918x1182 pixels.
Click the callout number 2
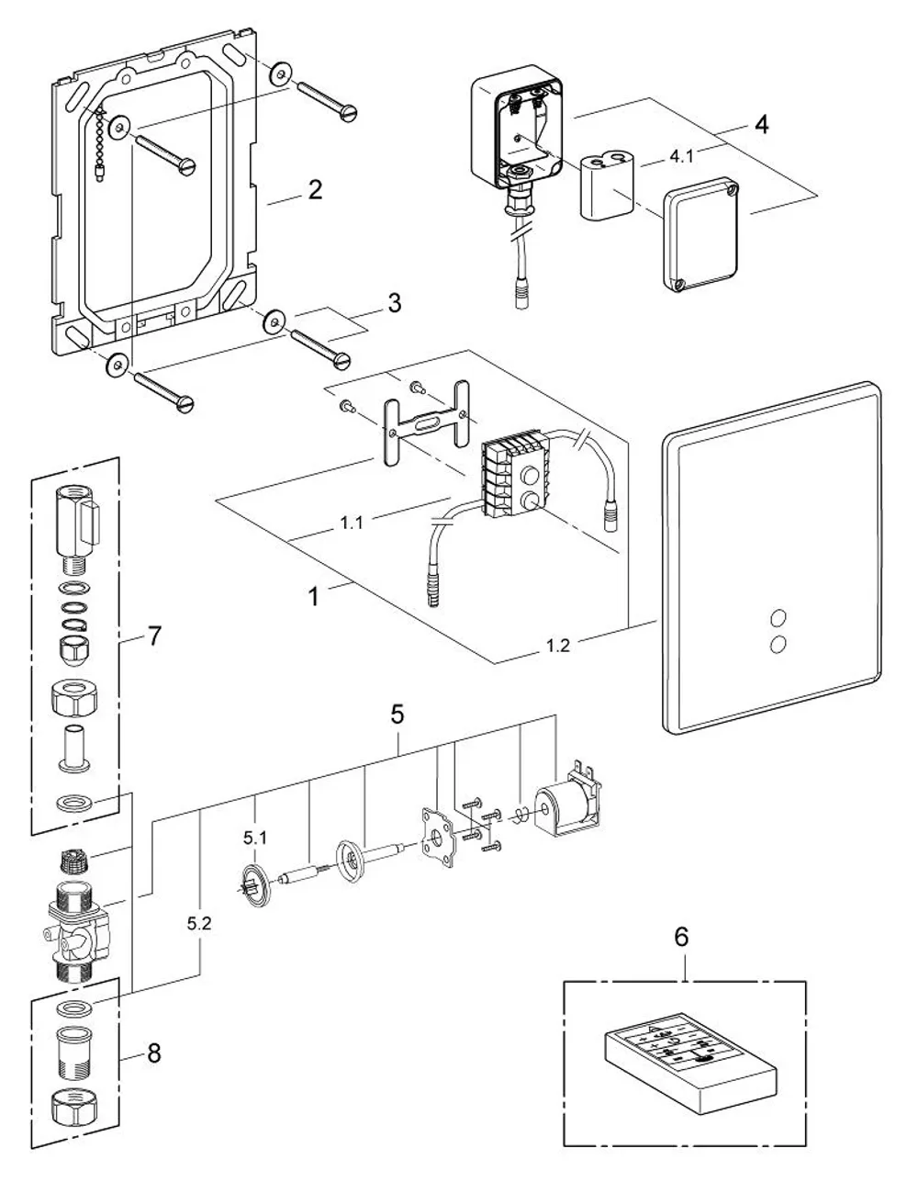point(315,190)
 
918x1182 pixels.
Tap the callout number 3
point(394,303)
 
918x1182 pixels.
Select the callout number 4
point(762,125)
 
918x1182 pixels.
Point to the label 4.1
point(681,157)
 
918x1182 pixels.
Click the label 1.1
point(351,523)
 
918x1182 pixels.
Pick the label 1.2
point(557,646)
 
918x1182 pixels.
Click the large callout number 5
point(397,715)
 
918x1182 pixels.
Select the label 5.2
point(199,924)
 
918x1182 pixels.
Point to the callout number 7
point(154,636)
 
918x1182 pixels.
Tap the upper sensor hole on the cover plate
point(778,618)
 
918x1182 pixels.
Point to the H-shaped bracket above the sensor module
point(427,423)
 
